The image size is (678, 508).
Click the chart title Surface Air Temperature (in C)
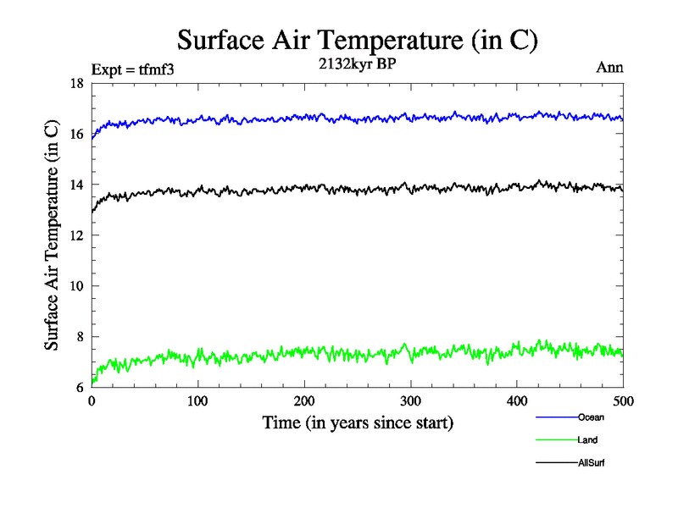357,40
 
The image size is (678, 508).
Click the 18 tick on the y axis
76,83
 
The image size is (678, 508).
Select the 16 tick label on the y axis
76,134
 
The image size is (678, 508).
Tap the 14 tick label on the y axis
76,185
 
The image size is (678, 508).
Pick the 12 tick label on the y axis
76,235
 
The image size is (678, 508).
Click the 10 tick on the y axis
76,286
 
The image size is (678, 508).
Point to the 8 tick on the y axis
79,337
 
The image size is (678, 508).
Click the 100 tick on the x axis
197,400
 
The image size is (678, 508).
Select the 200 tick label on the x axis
304,400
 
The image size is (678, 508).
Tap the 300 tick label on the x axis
411,400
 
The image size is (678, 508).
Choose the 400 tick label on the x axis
517,400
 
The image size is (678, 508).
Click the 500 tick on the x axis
623,400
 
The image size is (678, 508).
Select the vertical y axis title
52,235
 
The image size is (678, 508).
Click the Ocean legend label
591,417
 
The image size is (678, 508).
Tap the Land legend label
587,440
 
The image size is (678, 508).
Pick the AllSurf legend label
592,463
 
